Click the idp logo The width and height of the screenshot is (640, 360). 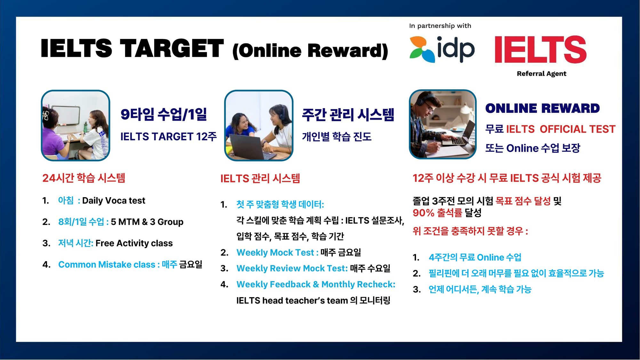[442, 49]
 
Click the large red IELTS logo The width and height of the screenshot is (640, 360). [540, 49]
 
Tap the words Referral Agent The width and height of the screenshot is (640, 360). [541, 74]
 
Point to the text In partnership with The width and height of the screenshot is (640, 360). [440, 26]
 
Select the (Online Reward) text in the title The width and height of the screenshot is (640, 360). [310, 51]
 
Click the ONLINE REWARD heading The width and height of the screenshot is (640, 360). [542, 108]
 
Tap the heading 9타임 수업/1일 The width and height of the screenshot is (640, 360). [164, 114]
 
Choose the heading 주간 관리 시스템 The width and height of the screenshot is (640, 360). [348, 115]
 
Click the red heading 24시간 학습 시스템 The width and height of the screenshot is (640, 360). [84, 178]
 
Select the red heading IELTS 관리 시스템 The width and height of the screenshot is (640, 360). [260, 178]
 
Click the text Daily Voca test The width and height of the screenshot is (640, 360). [114, 201]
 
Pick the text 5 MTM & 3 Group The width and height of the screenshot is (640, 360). [147, 222]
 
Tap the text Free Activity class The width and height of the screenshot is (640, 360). [134, 243]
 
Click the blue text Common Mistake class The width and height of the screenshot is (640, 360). [107, 265]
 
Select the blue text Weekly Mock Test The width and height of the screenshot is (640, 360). [275, 252]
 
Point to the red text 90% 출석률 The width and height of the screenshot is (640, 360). [437, 213]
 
